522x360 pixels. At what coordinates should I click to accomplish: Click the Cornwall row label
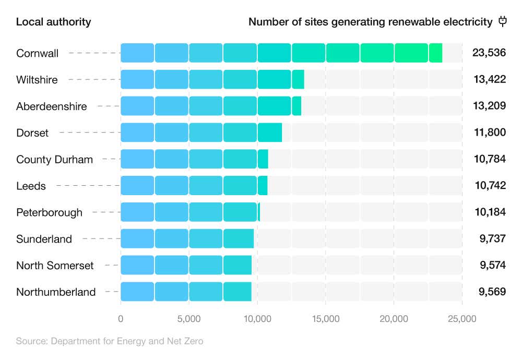pyautogui.click(x=37, y=53)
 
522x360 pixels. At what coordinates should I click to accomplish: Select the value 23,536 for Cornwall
pyautogui.click(x=489, y=53)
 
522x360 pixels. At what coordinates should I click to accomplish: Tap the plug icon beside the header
pyautogui.click(x=503, y=21)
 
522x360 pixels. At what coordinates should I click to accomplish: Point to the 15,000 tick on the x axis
pyautogui.click(x=326, y=319)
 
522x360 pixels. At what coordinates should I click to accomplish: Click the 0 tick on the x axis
pyautogui.click(x=121, y=319)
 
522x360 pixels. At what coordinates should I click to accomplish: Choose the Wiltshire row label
pyautogui.click(x=37, y=80)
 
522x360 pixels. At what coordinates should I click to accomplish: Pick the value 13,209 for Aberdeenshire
pyautogui.click(x=489, y=106)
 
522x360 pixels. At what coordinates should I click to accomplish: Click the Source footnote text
pyautogui.click(x=109, y=342)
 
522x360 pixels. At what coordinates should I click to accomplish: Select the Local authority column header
pyautogui.click(x=53, y=22)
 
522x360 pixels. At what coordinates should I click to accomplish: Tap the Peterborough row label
pyautogui.click(x=49, y=212)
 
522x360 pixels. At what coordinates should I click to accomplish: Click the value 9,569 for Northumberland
pyautogui.click(x=492, y=292)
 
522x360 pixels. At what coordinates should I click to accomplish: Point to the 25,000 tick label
pyautogui.click(x=461, y=319)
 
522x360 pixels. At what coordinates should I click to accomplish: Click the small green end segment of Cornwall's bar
pyautogui.click(x=436, y=53)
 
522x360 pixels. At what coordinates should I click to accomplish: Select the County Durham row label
pyautogui.click(x=54, y=160)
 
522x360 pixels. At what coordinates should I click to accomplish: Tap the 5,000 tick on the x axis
pyautogui.click(x=189, y=319)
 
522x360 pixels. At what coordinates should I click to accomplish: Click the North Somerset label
pyautogui.click(x=55, y=266)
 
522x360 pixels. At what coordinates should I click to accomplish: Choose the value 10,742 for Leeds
pyautogui.click(x=489, y=186)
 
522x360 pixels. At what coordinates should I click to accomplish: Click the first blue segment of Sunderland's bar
pyautogui.click(x=137, y=239)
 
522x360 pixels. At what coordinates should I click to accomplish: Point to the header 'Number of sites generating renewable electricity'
pyautogui.click(x=370, y=22)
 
